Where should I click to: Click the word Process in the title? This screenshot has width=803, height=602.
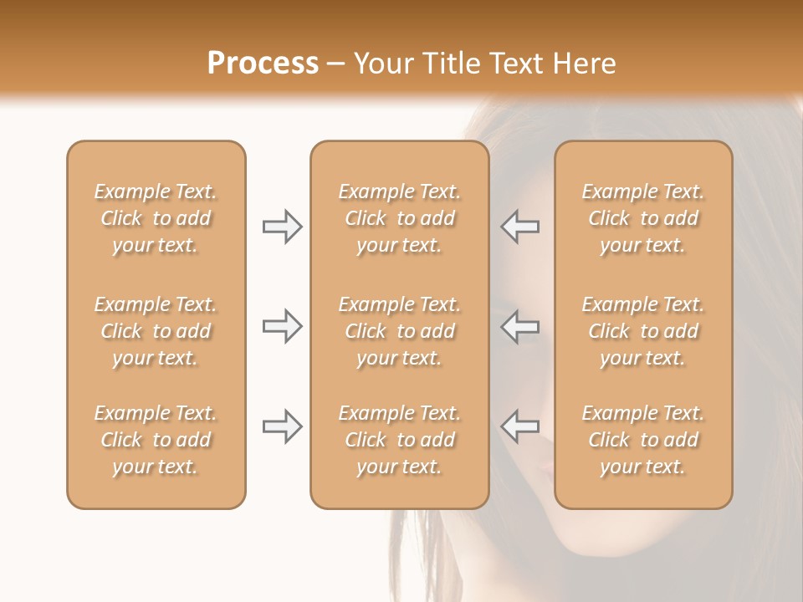tap(263, 64)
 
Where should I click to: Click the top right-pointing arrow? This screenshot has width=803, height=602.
tap(282, 227)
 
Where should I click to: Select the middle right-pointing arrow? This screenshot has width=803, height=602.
tap(282, 326)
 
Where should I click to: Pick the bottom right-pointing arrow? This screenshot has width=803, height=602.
tap(282, 426)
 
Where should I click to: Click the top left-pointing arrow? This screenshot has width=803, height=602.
tap(519, 227)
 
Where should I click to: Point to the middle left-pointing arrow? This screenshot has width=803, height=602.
tap(519, 326)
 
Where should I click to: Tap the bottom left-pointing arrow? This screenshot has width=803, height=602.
tap(519, 426)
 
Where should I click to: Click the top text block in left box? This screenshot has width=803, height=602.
tap(156, 218)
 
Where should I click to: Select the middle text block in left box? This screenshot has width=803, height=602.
tap(156, 331)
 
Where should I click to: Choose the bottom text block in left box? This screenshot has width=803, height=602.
tap(156, 440)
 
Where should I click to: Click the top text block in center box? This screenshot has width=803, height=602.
tap(400, 218)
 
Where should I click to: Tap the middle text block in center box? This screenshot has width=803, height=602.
tap(400, 331)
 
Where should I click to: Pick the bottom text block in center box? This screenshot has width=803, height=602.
tap(400, 440)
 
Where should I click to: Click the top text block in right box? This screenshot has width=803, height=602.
tap(643, 218)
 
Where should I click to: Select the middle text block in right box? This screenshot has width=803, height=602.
tap(643, 331)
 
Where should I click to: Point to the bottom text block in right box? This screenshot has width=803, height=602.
tap(643, 440)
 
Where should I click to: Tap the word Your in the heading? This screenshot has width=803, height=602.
tap(381, 64)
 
